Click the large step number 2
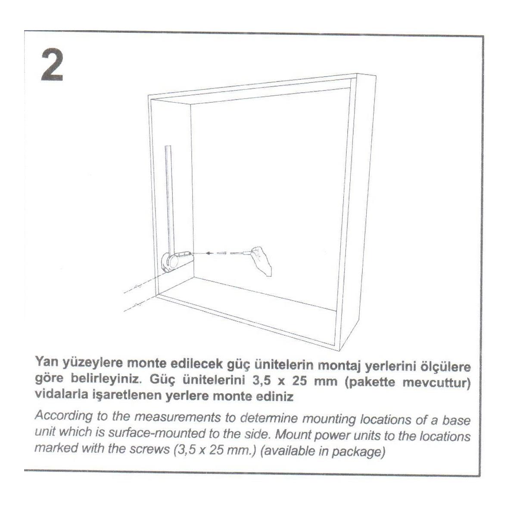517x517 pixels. coord(52,65)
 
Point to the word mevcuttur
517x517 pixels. coord(437,382)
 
